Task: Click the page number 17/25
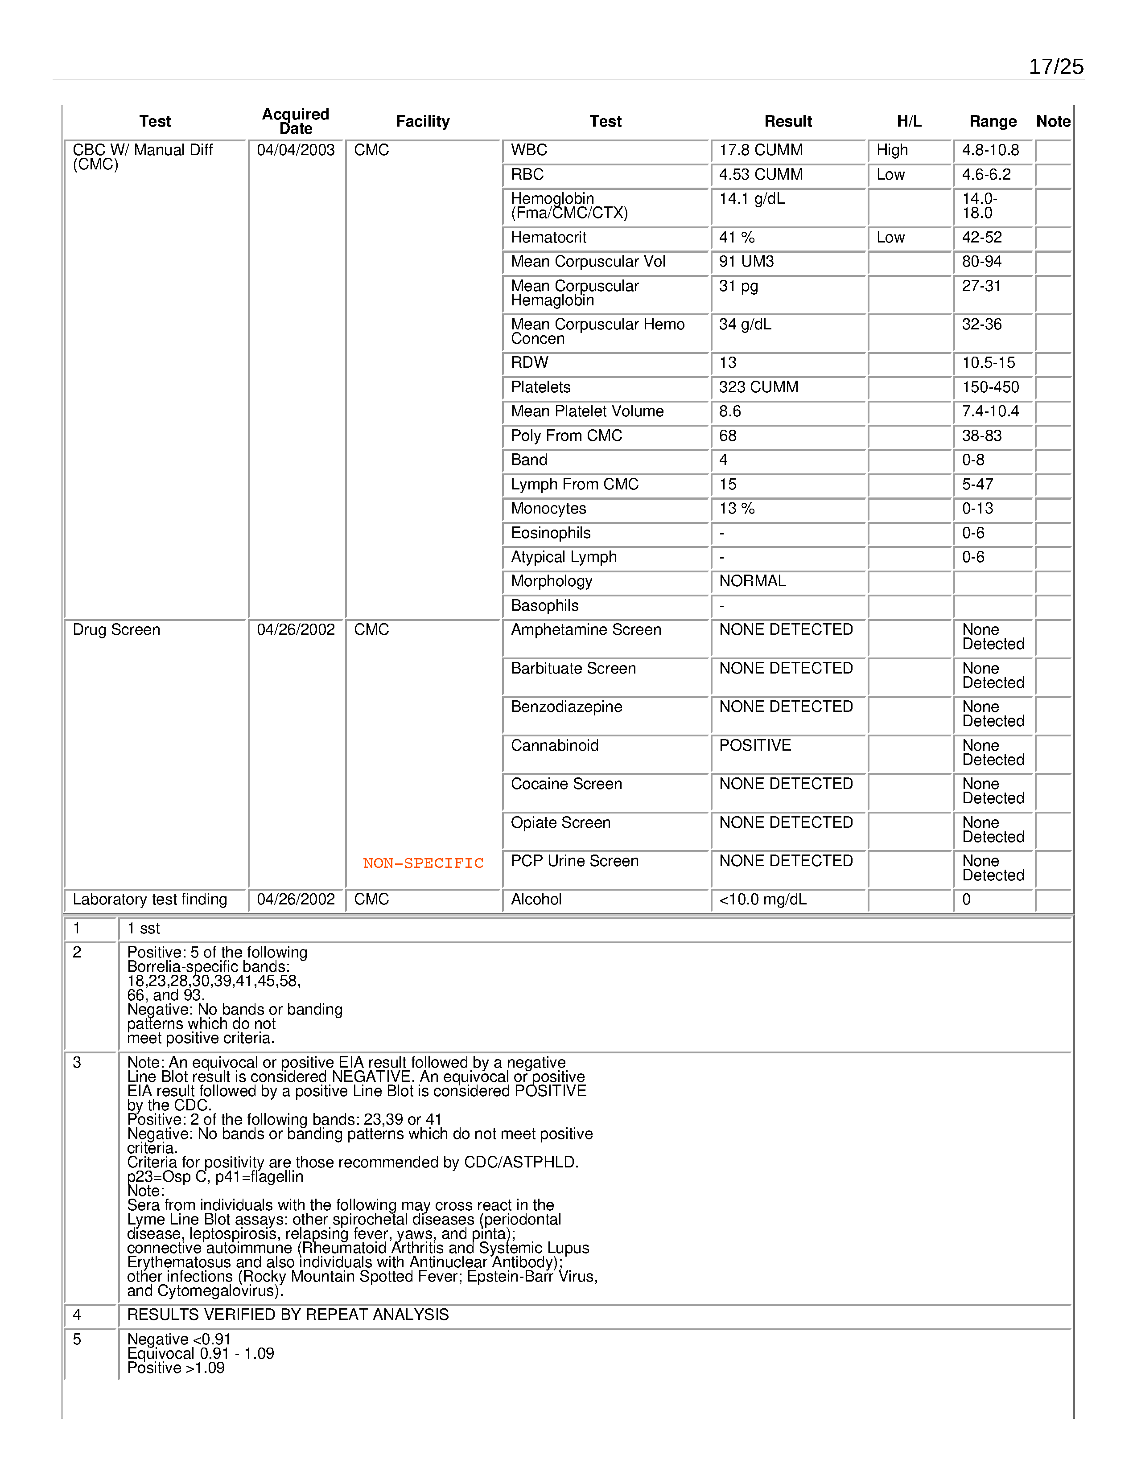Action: coord(1055,67)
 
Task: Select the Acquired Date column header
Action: coord(295,121)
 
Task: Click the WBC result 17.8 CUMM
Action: coord(761,150)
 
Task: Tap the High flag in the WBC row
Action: coord(892,150)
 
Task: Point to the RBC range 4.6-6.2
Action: coord(986,174)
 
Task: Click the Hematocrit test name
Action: coord(548,237)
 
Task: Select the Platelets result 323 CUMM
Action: coord(758,387)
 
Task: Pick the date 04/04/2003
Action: coord(296,150)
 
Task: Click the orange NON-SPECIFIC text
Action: coord(423,863)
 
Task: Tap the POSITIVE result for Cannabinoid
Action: coord(755,746)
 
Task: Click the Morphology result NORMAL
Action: coord(752,581)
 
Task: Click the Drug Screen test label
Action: coord(116,630)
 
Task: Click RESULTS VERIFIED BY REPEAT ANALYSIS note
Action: coord(288,1315)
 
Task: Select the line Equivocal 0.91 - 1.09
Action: coord(200,1354)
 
